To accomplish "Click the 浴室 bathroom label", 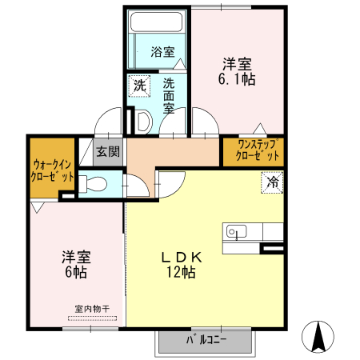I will pyautogui.click(x=163, y=52).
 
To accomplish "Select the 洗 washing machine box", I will pyautogui.click(x=140, y=85).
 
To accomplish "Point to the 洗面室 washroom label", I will pyautogui.click(x=169, y=94).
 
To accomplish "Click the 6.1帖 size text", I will pyautogui.click(x=237, y=80).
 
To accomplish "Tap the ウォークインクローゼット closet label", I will pyautogui.click(x=53, y=170).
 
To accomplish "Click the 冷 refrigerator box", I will pyautogui.click(x=273, y=182).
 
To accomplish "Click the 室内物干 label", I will pyautogui.click(x=92, y=308).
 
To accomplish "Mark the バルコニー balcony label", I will pyautogui.click(x=206, y=339).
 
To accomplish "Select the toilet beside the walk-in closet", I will pyautogui.click(x=93, y=183).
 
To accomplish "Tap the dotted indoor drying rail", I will pyautogui.click(x=92, y=318).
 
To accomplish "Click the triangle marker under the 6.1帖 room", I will pyautogui.click(x=258, y=127).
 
